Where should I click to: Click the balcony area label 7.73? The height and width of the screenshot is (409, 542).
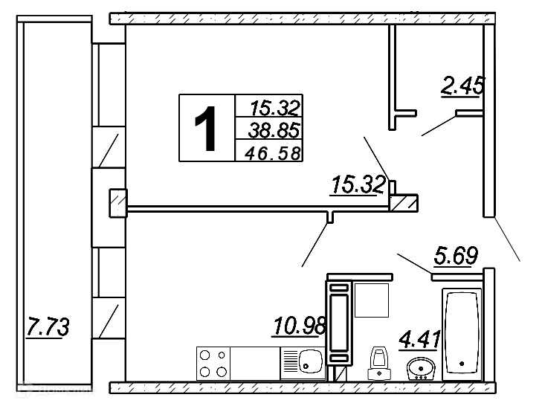[x=48, y=326]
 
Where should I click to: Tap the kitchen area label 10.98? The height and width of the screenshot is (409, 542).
[x=296, y=325]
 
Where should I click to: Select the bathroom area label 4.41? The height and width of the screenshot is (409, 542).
[x=420, y=340]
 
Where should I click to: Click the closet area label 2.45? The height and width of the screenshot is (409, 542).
[x=462, y=86]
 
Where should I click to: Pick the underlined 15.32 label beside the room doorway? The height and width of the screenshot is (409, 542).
[x=358, y=184]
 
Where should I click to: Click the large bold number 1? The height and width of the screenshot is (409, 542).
[x=207, y=128]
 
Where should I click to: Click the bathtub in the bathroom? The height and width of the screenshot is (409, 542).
[x=462, y=335]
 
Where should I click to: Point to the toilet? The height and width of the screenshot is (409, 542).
[x=380, y=364]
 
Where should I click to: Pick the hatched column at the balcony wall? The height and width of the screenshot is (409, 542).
[x=117, y=204]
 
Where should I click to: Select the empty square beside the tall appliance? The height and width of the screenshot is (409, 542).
[x=371, y=301]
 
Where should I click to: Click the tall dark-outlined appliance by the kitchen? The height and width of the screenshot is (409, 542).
[x=339, y=321]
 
